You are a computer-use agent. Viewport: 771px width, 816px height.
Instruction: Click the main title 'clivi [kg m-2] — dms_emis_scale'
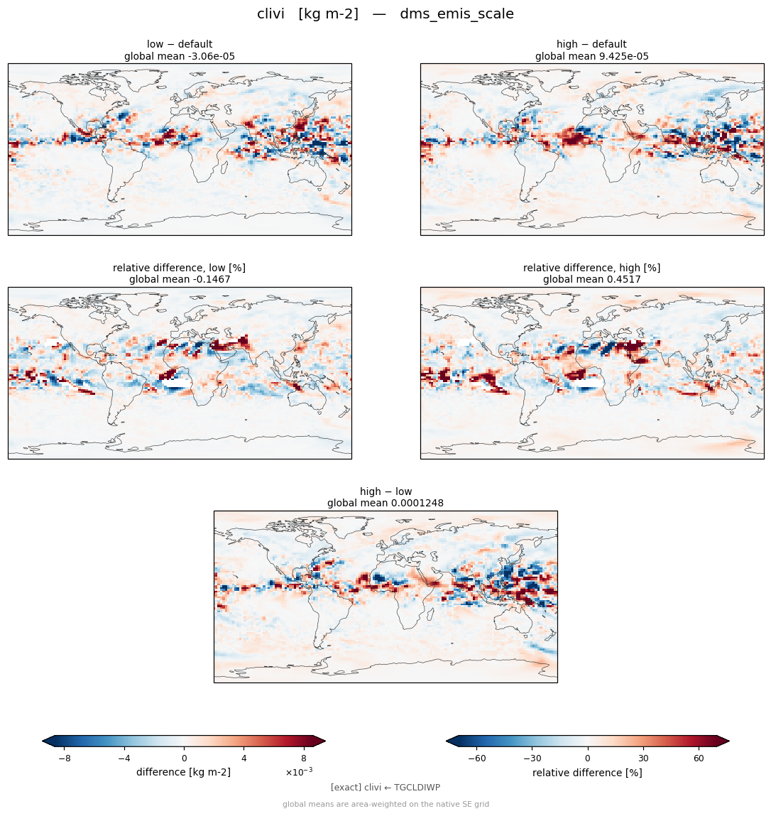click(x=385, y=14)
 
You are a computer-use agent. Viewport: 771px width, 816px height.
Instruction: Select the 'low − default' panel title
click(x=180, y=44)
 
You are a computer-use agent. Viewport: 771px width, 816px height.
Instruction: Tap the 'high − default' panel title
click(x=591, y=44)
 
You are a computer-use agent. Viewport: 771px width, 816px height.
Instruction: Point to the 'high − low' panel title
click(x=385, y=491)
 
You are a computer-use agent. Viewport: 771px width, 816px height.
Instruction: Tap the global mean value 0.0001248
click(x=417, y=504)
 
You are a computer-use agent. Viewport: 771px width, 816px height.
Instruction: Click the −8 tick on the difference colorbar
click(x=65, y=758)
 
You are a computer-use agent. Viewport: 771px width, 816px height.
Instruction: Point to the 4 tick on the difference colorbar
click(x=244, y=758)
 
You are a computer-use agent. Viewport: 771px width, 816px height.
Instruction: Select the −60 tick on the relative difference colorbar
click(x=477, y=758)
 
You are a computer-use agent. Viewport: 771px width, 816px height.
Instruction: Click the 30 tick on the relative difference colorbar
click(x=643, y=758)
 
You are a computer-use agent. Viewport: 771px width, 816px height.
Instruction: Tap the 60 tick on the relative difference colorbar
click(x=699, y=758)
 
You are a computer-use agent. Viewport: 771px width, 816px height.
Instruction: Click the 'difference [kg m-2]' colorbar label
click(x=183, y=772)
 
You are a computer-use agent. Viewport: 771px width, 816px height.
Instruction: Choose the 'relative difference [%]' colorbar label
click(x=587, y=773)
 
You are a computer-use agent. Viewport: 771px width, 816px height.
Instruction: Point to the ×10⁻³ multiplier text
click(x=299, y=772)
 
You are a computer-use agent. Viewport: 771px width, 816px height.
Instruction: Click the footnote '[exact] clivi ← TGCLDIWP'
click(x=385, y=788)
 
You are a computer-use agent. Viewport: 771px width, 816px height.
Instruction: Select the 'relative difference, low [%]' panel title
click(x=179, y=268)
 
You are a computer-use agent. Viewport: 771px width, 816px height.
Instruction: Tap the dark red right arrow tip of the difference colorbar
click(x=324, y=741)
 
